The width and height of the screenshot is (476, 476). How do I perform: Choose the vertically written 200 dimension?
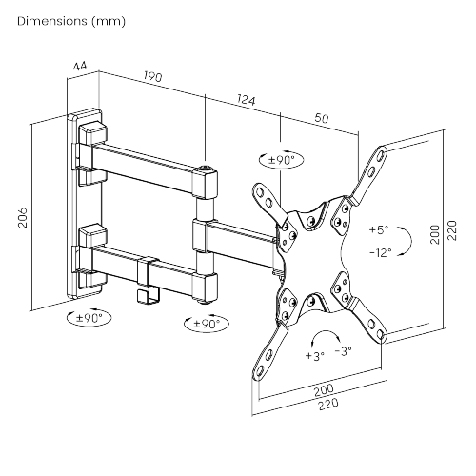tap(435, 234)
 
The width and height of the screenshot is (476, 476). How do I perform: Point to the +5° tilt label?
tap(379, 229)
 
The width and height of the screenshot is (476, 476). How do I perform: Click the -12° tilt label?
tap(380, 252)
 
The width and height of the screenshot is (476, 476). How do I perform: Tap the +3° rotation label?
tap(315, 354)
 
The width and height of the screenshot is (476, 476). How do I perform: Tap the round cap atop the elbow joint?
tap(206, 172)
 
